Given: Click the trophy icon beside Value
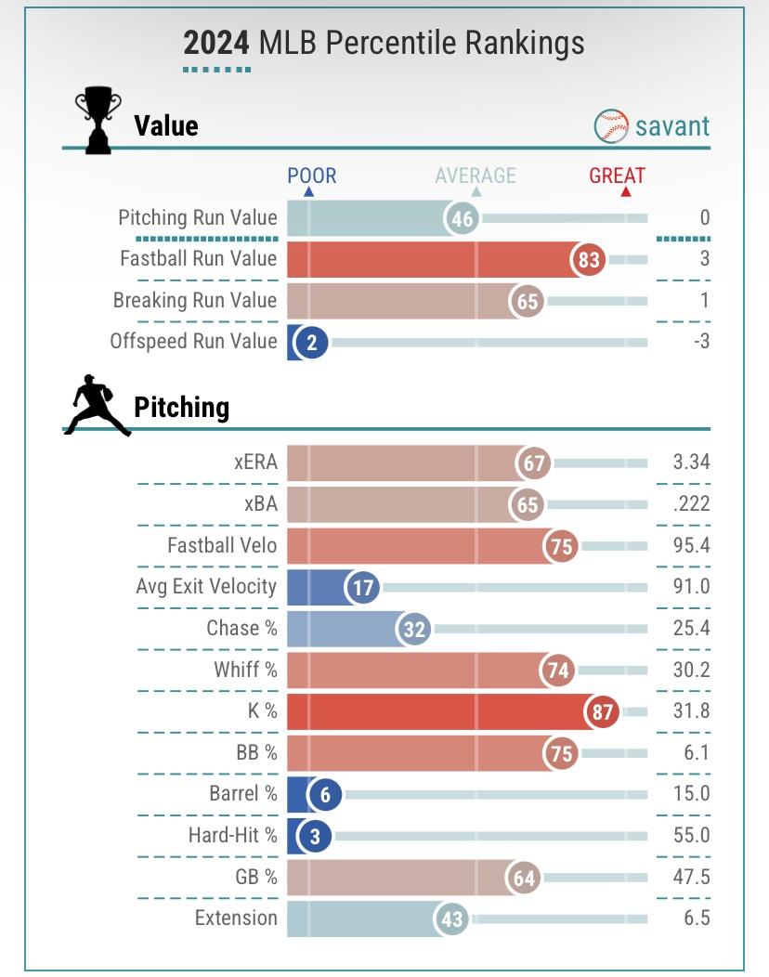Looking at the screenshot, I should pyautogui.click(x=98, y=120).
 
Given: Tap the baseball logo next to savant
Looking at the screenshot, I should pyautogui.click(x=611, y=126).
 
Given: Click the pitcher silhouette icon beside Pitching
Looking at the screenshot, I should pyautogui.click(x=97, y=406).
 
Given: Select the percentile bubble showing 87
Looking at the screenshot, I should pyautogui.click(x=602, y=711).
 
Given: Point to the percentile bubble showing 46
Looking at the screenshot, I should pyautogui.click(x=462, y=219).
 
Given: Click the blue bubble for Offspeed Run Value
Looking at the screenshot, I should pyautogui.click(x=312, y=343).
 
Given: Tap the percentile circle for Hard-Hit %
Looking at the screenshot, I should pyautogui.click(x=315, y=837).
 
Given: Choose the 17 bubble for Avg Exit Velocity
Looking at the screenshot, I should pyautogui.click(x=362, y=588).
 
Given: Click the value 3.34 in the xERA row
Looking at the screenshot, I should pyautogui.click(x=691, y=462).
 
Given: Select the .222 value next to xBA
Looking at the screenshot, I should pyautogui.click(x=691, y=503).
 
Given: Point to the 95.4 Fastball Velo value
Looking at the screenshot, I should pyautogui.click(x=691, y=545).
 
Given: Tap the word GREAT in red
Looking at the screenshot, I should pyautogui.click(x=617, y=176).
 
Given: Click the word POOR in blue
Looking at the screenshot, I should pyautogui.click(x=312, y=176).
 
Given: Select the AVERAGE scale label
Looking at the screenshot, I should pyautogui.click(x=476, y=176).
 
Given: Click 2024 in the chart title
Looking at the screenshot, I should pyautogui.click(x=216, y=43).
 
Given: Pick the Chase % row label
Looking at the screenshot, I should pyautogui.click(x=241, y=628).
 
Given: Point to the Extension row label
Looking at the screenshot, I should pyautogui.click(x=236, y=918).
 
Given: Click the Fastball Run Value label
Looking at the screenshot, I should pyautogui.click(x=199, y=258).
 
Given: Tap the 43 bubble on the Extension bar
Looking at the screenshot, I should pyautogui.click(x=450, y=919).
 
